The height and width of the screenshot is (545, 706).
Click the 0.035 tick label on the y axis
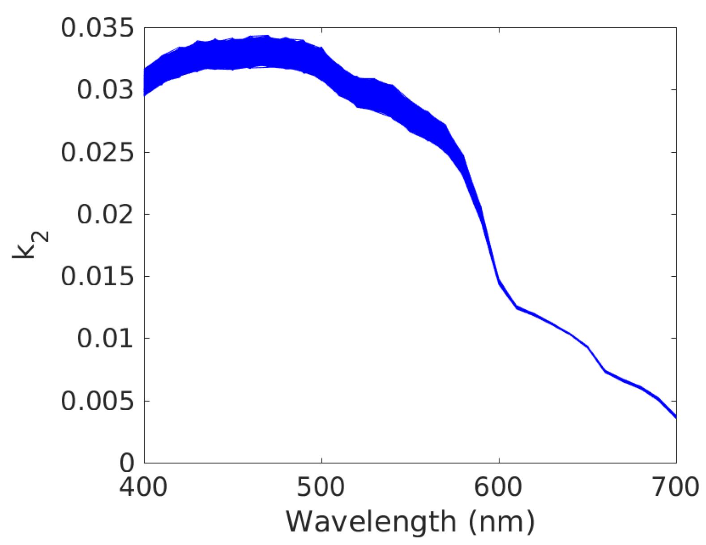97,28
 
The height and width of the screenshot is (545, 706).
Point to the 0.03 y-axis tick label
105,90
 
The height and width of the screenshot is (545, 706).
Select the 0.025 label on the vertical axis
97,152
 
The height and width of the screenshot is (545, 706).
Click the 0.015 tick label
97,276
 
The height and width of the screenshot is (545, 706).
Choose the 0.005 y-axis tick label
97,401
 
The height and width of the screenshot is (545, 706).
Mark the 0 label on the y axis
127,463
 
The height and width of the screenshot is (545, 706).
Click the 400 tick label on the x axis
143,487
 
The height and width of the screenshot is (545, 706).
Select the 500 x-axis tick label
321,487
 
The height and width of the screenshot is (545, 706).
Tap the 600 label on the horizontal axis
498,487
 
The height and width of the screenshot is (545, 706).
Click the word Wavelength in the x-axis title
371,522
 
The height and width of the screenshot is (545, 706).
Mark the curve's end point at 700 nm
676,417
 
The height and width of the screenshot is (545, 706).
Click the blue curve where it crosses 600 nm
499,282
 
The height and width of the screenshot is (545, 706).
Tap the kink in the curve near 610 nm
516,307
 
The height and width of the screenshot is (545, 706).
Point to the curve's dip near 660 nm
605,371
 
